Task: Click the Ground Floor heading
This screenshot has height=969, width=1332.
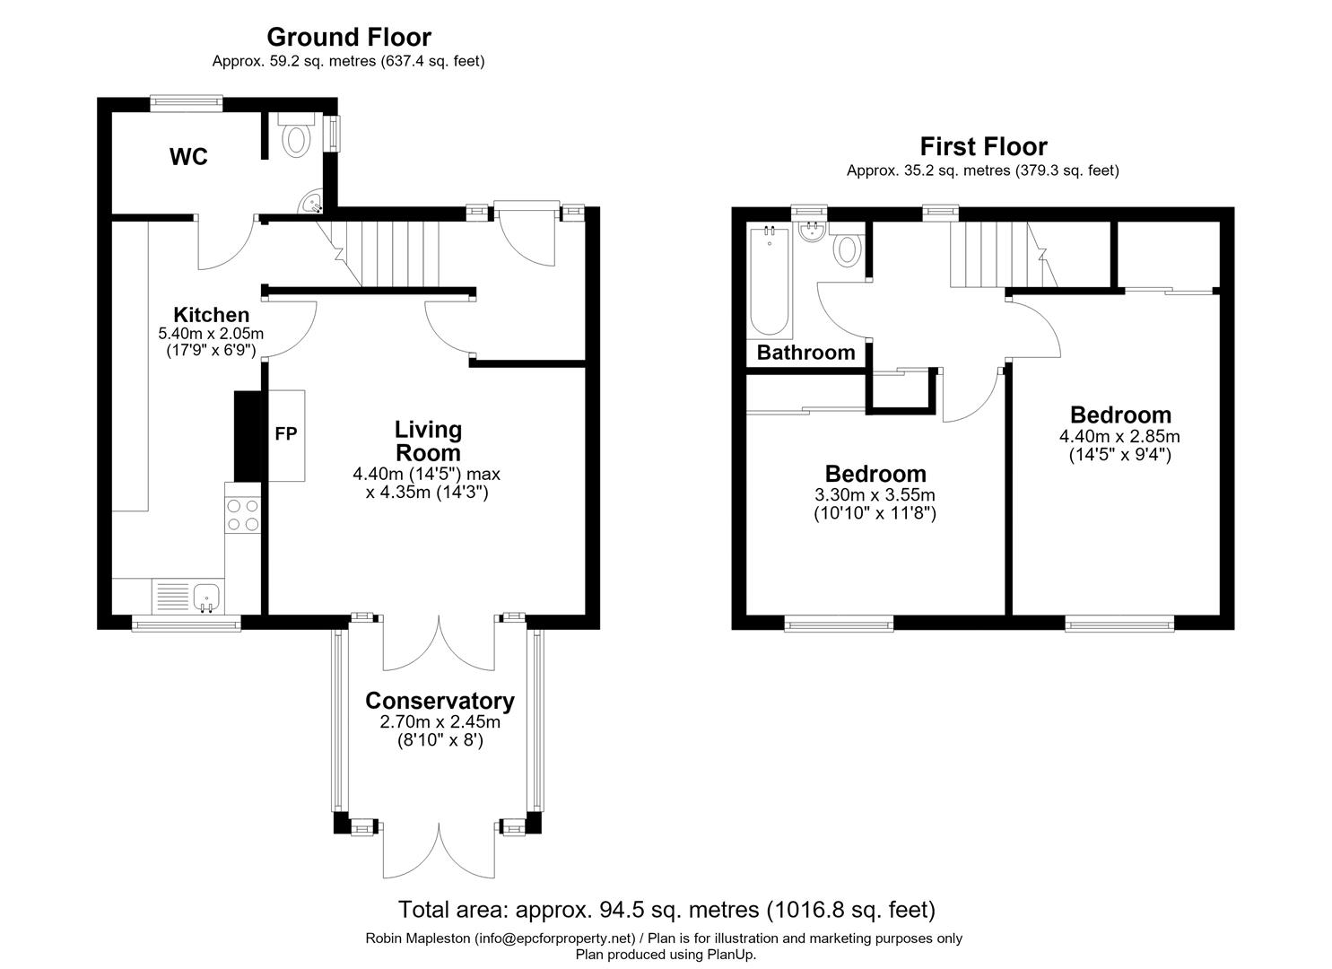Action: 349,38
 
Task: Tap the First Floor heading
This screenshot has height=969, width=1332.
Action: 984,146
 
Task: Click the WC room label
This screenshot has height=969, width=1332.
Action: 188,157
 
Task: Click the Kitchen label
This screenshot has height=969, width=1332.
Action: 211,315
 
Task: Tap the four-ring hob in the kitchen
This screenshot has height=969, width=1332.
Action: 242,515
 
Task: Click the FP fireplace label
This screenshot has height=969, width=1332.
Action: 286,434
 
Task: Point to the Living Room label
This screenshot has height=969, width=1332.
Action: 428,441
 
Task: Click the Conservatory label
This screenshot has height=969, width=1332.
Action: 440,701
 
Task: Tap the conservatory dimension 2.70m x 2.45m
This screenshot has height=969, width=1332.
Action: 440,722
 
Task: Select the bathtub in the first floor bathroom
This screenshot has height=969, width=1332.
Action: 770,281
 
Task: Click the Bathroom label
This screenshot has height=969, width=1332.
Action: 805,353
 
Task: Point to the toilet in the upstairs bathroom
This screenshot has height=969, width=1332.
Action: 847,249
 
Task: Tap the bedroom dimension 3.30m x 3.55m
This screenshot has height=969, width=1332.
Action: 875,495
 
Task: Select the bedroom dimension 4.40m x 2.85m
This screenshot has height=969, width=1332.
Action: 1119,437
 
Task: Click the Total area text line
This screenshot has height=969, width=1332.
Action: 666,910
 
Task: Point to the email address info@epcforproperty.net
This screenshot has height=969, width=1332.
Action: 555,938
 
